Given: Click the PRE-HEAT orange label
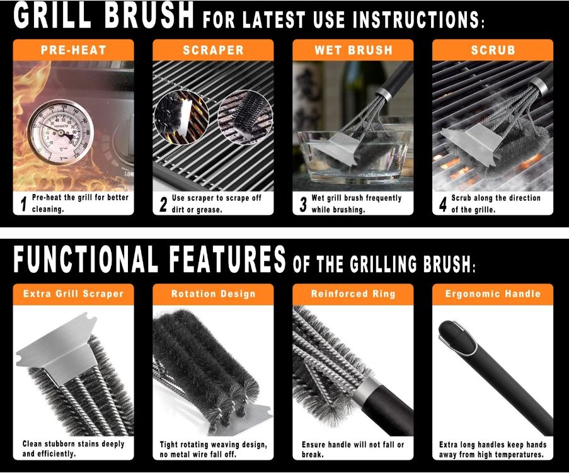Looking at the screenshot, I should (x=73, y=50).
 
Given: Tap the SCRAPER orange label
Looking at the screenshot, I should (x=213, y=50).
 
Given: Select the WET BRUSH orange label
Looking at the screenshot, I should (x=353, y=50).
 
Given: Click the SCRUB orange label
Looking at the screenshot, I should (x=492, y=50).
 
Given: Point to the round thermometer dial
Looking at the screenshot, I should (x=60, y=130).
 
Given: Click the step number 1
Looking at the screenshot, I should (x=23, y=203).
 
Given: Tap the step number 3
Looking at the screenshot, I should (x=302, y=203).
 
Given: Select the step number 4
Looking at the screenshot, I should (x=442, y=203).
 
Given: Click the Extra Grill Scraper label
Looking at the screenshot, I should (x=73, y=294).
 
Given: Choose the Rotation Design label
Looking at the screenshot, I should (x=213, y=294).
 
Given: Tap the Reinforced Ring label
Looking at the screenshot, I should (x=353, y=294).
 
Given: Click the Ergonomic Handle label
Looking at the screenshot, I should (x=492, y=294).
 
